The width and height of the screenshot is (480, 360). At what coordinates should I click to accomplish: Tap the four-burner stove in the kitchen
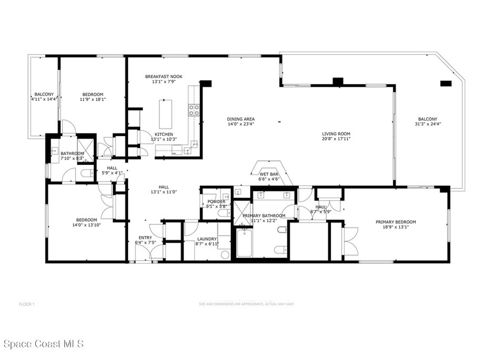click(x=194, y=110)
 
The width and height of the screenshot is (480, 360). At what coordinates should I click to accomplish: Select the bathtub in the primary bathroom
click(x=244, y=242)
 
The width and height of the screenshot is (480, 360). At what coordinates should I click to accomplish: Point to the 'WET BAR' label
click(x=269, y=173)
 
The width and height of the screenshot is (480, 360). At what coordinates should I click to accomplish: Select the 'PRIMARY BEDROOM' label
click(x=396, y=222)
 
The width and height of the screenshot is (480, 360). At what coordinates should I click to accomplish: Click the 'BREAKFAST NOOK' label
click(x=164, y=76)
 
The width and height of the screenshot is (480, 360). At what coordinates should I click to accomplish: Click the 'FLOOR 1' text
click(x=27, y=304)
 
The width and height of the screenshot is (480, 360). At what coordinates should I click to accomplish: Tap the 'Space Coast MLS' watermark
click(x=42, y=344)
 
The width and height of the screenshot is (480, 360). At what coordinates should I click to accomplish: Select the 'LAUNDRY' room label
click(x=207, y=239)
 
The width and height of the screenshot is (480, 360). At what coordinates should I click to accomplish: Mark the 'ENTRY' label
click(x=144, y=238)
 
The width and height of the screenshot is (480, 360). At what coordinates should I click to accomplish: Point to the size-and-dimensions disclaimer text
click(x=246, y=304)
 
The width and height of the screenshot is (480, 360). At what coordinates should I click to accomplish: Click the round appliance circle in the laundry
click(x=225, y=255)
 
